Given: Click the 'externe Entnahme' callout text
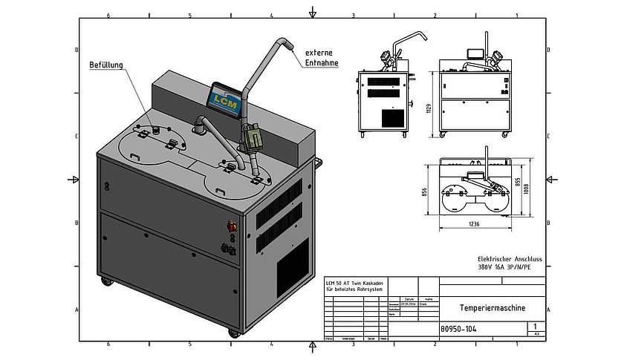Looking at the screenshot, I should (322, 58).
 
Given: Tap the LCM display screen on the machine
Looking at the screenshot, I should (224, 98).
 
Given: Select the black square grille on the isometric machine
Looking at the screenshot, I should (293, 266).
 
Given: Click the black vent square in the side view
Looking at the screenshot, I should (392, 117).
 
